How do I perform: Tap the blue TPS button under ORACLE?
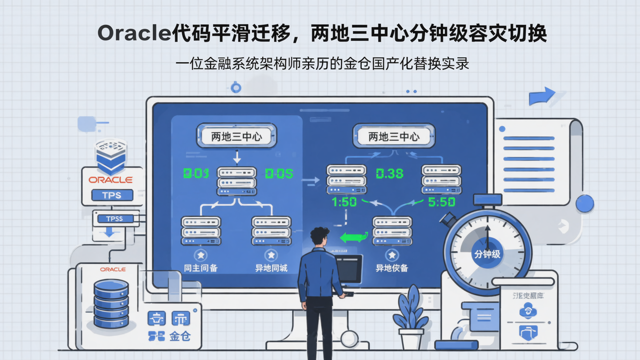click(112, 195)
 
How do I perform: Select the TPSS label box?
click(115, 218)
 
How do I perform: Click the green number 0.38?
click(390, 173)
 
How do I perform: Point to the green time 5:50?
click(441, 202)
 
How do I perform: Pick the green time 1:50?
click(344, 202)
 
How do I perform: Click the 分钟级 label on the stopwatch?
click(487, 254)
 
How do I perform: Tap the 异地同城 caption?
click(271, 268)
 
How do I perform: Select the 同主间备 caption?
click(201, 268)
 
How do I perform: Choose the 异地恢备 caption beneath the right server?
click(392, 268)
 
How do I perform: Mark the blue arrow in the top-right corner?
click(541, 96)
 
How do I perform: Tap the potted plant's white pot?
click(411, 338)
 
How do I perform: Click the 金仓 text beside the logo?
click(180, 336)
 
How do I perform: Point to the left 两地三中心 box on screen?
click(236, 136)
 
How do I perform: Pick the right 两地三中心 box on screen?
click(394, 136)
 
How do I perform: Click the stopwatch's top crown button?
click(487, 200)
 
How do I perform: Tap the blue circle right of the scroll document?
click(585, 204)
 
